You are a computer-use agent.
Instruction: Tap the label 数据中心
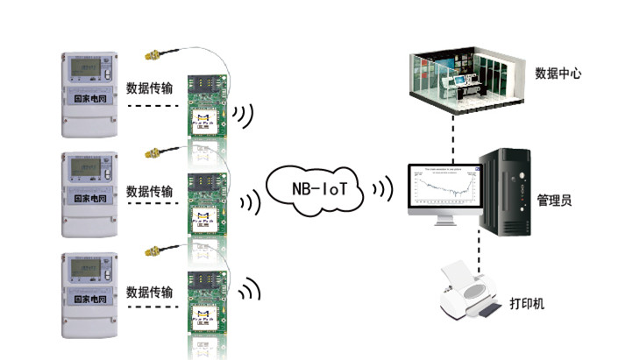click(558, 74)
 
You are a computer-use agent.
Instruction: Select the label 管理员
click(554, 201)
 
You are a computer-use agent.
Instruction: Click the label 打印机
click(527, 304)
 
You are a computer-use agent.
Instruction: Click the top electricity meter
click(89, 93)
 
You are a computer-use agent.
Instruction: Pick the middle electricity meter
click(89, 194)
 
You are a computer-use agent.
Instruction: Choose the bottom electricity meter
click(89, 295)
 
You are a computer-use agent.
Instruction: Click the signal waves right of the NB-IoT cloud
click(381, 188)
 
